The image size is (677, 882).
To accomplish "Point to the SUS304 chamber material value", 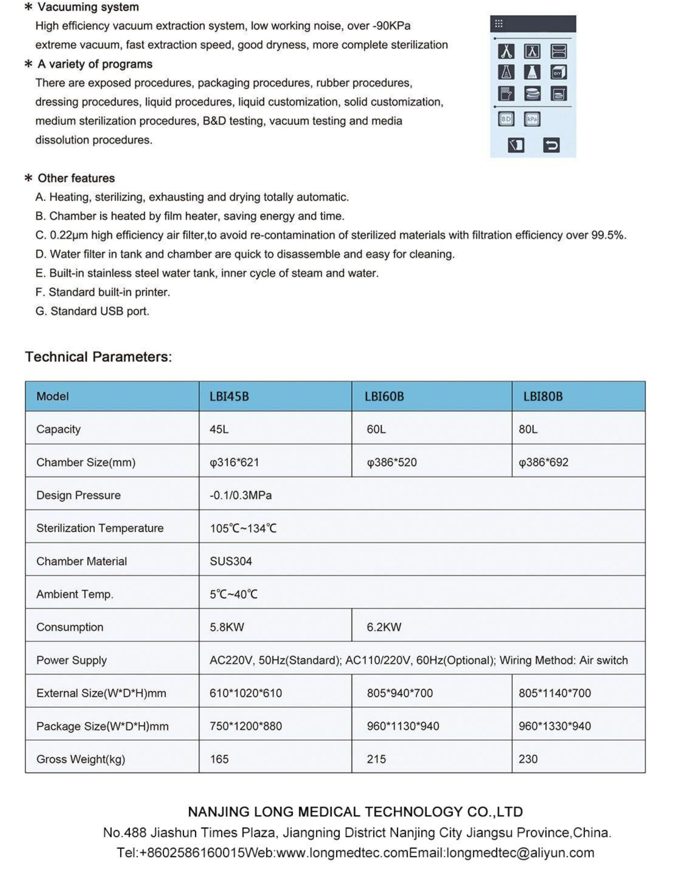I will [x=231, y=561].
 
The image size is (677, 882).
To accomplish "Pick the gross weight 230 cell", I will [x=528, y=759].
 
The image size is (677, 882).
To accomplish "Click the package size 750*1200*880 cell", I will [x=245, y=726].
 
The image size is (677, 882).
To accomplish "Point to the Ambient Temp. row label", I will [x=75, y=594].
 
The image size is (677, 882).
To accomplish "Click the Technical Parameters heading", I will [x=98, y=357].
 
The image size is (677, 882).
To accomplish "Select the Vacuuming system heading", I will [x=88, y=7].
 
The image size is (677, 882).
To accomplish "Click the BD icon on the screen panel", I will [x=506, y=119].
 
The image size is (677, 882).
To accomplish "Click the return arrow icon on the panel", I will [x=551, y=145].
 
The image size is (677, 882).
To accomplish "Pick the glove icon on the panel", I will [x=506, y=94].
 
